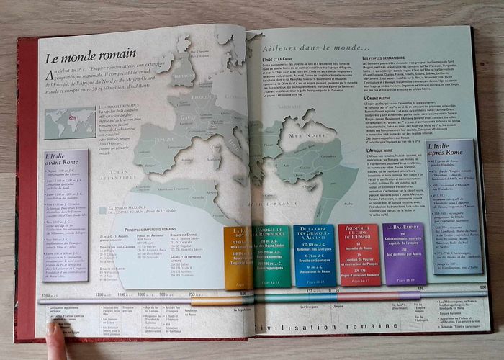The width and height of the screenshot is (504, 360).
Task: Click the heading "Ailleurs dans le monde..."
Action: [317, 44]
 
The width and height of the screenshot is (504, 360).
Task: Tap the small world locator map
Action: [69, 122]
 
